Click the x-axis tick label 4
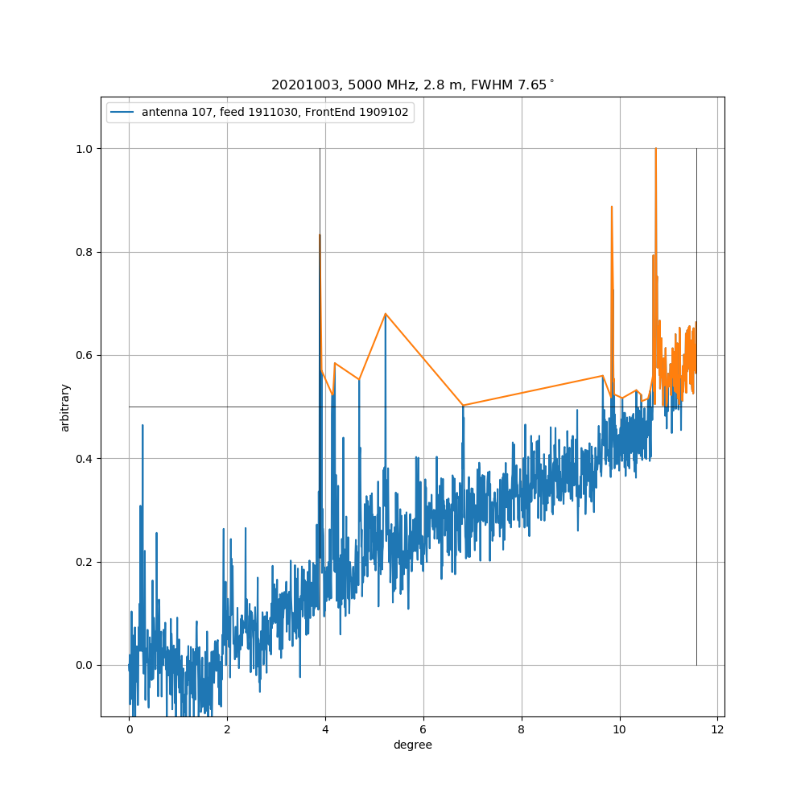[x=325, y=729]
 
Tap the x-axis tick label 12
[x=717, y=729]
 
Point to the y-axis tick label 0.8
[x=85, y=252]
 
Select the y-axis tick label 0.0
[x=85, y=665]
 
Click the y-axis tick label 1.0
[x=85, y=149]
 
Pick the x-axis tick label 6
[x=423, y=729]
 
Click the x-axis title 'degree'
[x=412, y=745]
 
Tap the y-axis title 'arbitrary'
[x=65, y=407]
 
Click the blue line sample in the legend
[x=124, y=113]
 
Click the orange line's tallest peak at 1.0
[x=655, y=149]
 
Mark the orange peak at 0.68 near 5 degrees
[x=386, y=313]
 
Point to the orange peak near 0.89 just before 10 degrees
[x=612, y=207]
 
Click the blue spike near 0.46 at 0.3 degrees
[x=142, y=425]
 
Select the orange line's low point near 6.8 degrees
[x=463, y=405]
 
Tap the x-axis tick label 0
[x=129, y=729]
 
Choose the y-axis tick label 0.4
[x=85, y=459]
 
